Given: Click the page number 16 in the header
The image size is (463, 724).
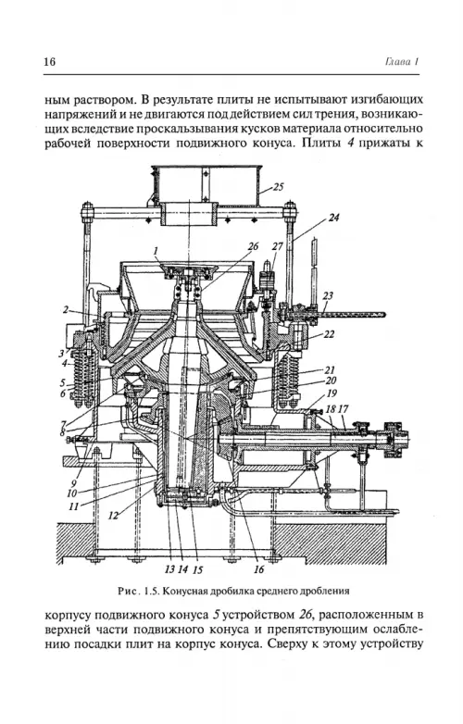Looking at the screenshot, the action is (x=49, y=61).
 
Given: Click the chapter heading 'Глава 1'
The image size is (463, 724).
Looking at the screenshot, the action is (x=401, y=62).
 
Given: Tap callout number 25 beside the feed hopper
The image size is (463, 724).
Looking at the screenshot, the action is (x=278, y=187).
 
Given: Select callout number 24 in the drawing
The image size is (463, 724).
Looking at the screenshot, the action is (x=333, y=217).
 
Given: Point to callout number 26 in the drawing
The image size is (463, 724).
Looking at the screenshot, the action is (x=253, y=246).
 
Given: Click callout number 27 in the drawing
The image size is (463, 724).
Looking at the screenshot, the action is (x=277, y=246).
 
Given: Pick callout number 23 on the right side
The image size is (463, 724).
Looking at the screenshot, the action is (x=328, y=295).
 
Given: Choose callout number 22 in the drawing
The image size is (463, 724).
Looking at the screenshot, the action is (x=329, y=333).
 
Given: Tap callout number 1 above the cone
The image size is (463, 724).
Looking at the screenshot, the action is (x=156, y=251).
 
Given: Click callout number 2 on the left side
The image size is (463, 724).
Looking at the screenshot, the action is (x=66, y=310).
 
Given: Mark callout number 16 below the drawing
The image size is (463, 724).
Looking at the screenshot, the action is (x=259, y=568).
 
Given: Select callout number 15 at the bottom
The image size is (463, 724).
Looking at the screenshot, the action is (x=197, y=569).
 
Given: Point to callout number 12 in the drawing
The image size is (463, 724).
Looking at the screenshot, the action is (x=114, y=516).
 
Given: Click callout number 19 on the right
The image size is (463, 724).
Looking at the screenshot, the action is (x=332, y=393).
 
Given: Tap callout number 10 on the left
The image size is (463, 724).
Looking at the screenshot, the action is (x=71, y=493).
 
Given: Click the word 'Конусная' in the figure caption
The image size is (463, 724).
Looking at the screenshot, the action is (x=183, y=591).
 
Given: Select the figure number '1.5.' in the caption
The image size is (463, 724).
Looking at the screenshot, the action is (x=152, y=591).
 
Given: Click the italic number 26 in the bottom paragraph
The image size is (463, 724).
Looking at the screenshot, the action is (x=304, y=615).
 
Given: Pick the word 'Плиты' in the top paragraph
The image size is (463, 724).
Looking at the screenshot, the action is (x=321, y=143).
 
